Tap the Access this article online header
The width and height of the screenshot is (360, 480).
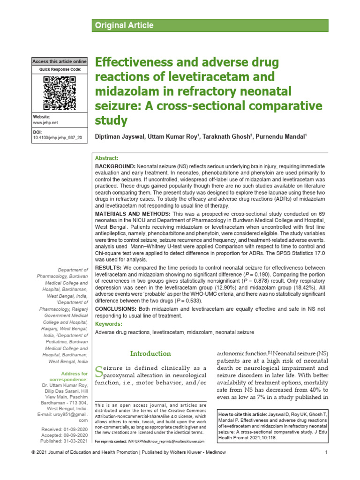(60, 61)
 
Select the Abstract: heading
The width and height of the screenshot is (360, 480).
(107, 158)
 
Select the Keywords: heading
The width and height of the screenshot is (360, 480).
(109, 324)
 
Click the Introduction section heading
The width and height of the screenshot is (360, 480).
(150, 353)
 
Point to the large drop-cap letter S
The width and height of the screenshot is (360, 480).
(98, 371)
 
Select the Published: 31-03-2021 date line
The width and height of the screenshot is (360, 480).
(64, 442)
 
